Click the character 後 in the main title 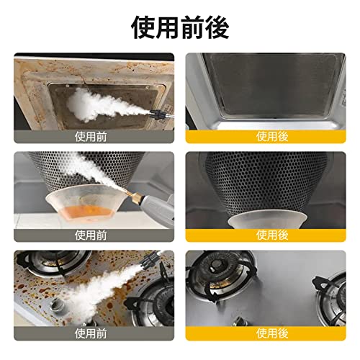pyautogui.click(x=217, y=28)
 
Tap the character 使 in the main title pyautogui.click(x=143, y=28)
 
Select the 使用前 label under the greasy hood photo pyautogui.click(x=91, y=137)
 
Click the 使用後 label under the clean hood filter pyautogui.click(x=272, y=137)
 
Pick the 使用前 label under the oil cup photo pyautogui.click(x=91, y=235)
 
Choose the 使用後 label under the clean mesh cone pyautogui.click(x=272, y=235)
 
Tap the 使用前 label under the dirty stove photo pyautogui.click(x=91, y=333)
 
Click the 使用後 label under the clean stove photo pyautogui.click(x=272, y=333)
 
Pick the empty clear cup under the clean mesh pyautogui.click(x=267, y=219)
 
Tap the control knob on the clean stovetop pyautogui.click(x=240, y=320)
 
